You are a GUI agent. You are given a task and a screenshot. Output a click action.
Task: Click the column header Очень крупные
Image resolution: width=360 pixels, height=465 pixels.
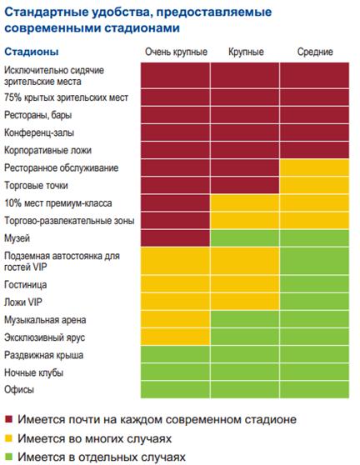point(176,52)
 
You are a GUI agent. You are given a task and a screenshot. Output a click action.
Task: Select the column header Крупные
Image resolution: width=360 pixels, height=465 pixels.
point(246,52)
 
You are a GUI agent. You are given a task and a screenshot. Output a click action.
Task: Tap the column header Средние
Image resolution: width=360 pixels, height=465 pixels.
point(315,52)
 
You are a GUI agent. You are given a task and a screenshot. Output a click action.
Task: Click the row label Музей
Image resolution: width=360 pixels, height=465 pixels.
point(17,238)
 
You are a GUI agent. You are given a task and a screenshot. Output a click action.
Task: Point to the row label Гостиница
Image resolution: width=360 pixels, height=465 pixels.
point(26,285)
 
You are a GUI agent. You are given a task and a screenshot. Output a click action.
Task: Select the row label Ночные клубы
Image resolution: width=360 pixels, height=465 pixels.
point(34,372)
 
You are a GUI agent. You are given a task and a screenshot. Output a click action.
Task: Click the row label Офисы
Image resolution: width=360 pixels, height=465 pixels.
point(19,389)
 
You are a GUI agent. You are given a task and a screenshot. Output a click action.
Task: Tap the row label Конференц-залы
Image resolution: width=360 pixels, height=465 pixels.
point(39,132)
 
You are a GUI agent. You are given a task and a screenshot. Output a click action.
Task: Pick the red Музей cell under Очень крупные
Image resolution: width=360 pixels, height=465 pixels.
point(175,238)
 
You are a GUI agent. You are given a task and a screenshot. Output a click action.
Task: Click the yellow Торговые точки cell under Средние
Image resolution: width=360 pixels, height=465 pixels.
point(314,185)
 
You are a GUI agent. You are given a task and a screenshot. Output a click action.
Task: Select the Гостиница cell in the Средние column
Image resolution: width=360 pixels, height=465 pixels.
point(314,284)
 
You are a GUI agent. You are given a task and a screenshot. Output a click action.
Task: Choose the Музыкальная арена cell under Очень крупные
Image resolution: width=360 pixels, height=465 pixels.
point(175,319)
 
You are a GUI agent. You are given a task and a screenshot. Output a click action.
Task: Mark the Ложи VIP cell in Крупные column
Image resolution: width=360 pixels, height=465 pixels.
point(245,302)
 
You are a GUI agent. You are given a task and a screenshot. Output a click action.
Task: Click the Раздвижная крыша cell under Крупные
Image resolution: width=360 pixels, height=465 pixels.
point(245,354)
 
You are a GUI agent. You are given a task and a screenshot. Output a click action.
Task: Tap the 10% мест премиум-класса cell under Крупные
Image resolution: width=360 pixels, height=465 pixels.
point(245,202)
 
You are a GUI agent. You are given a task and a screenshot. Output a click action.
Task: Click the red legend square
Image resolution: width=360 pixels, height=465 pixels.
point(9,419)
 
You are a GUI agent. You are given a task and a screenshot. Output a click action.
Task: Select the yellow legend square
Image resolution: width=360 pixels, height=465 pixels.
point(9,438)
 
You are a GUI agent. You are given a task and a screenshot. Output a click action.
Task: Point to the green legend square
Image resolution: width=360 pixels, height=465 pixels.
point(9,457)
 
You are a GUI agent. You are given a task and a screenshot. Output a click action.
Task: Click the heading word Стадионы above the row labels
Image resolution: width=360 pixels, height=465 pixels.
point(32,52)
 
